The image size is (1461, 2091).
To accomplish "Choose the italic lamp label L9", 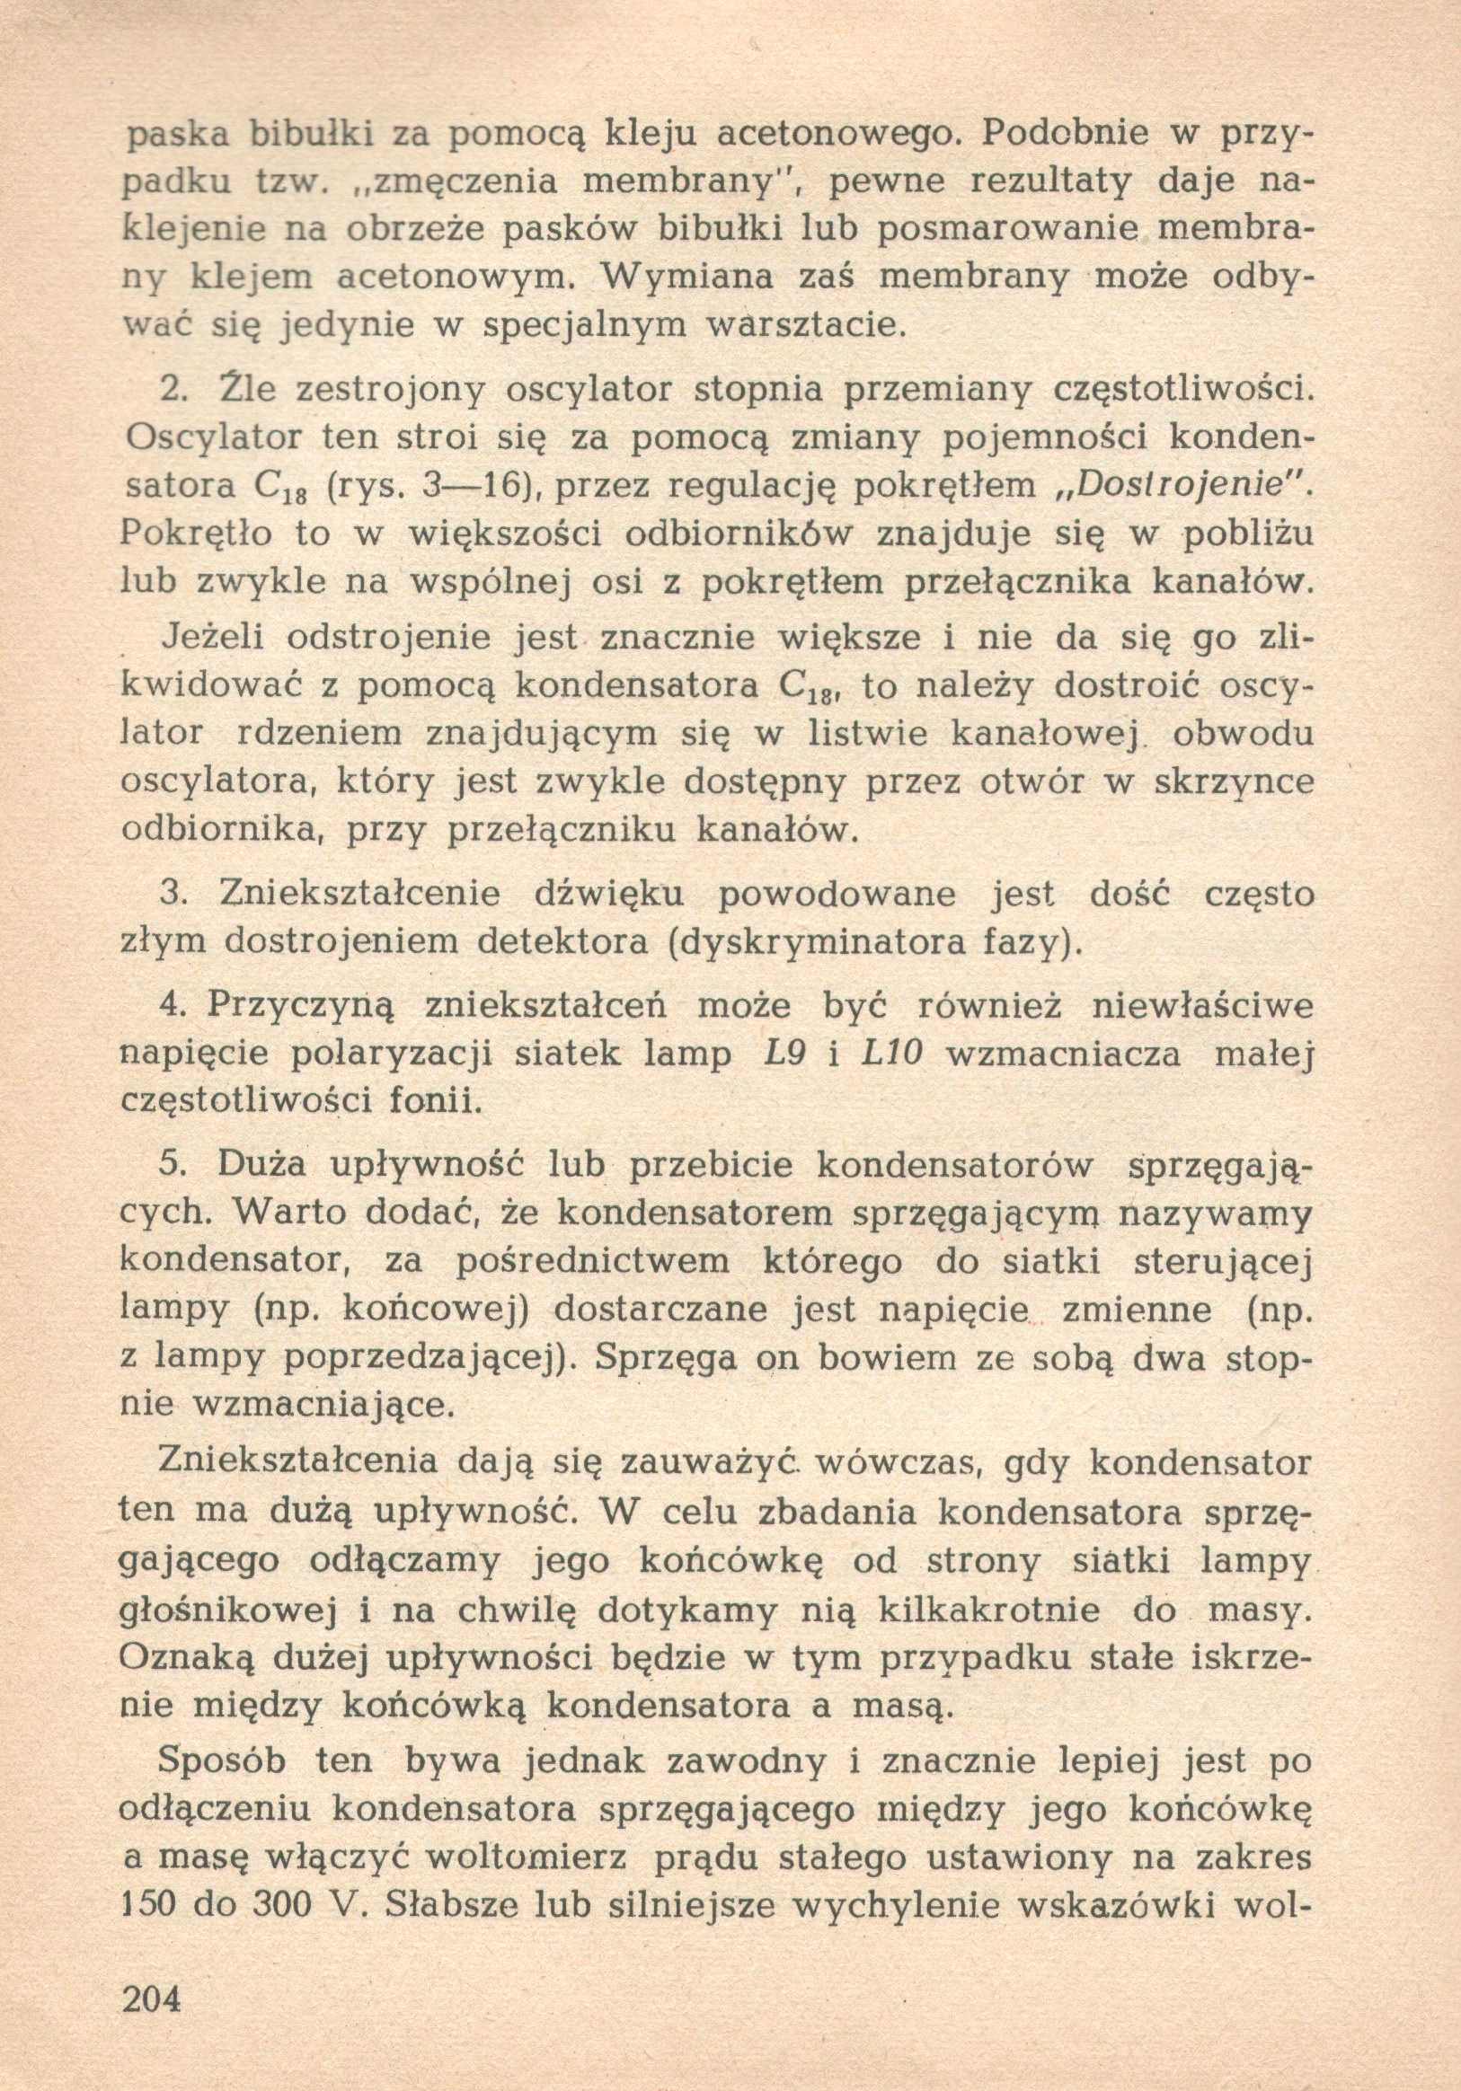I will coord(785,1054).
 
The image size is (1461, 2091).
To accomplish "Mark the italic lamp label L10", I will coord(892,1054).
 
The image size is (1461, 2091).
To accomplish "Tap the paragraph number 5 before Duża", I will coord(171,1167).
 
